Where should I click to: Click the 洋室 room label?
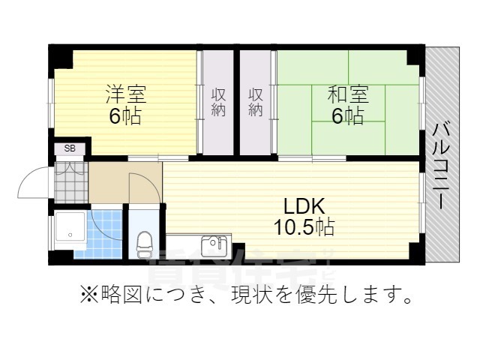point(125,95)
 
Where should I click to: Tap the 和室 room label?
point(348,95)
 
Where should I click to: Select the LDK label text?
point(304,205)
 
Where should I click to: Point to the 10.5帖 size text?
point(304,226)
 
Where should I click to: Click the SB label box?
point(69,148)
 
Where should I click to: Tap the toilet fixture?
point(144,241)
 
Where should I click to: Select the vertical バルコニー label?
point(442,164)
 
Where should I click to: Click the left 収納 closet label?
point(218,102)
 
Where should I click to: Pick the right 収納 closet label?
point(256,102)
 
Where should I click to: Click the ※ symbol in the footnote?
point(88,295)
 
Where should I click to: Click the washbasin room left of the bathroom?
point(72,232)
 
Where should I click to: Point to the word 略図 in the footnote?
point(123,295)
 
